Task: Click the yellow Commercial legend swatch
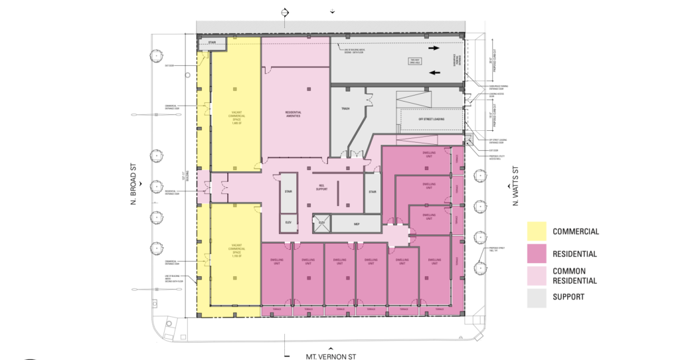tap(537, 231)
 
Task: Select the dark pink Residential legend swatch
tap(537, 254)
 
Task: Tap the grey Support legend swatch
tap(537, 298)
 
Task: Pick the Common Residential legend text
tap(575, 276)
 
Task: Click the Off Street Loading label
tap(430, 120)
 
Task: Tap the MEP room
tap(356, 225)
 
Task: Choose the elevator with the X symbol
tap(322, 225)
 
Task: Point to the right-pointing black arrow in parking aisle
tap(432, 48)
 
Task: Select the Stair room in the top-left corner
tap(212, 43)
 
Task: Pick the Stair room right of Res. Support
tap(373, 192)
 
